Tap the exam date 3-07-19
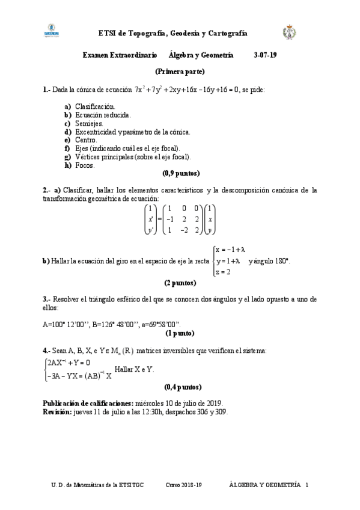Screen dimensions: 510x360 (266, 55)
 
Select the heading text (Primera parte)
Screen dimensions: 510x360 (180, 72)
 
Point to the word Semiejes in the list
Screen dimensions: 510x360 (89, 123)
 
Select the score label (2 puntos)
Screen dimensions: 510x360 (180, 282)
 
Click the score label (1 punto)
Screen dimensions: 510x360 (180, 332)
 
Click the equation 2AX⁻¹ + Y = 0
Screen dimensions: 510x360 (69, 363)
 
